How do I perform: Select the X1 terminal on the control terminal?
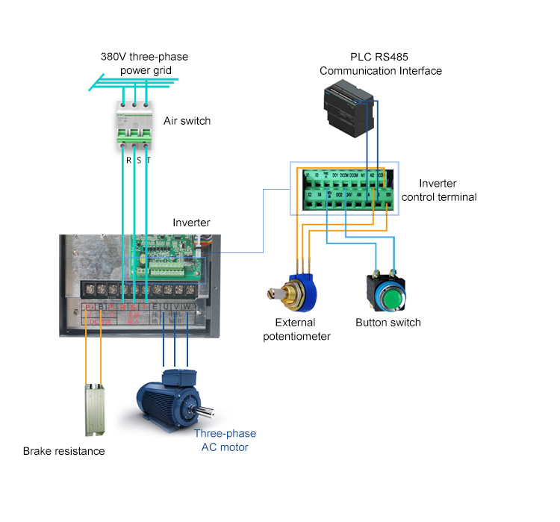pos(308,176)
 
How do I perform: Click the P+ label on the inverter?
pos(88,306)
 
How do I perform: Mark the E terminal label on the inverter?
pos(155,306)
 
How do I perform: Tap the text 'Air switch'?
pos(187,121)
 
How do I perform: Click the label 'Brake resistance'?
pos(63,451)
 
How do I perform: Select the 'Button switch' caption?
pos(388,323)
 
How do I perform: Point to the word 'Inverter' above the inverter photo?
pos(191,223)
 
